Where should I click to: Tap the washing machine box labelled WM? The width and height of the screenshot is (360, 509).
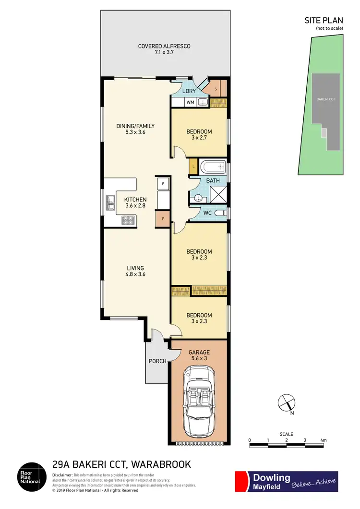pos(190,102)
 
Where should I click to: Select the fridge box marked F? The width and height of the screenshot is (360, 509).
pos(163,184)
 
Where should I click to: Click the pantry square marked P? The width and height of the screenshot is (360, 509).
pos(163,218)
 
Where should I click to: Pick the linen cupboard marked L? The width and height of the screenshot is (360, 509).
pos(193,166)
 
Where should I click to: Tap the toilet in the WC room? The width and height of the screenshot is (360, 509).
pos(220,213)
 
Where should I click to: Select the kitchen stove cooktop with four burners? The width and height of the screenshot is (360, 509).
pos(129,220)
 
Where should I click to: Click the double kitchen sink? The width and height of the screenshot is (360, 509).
pos(110,203)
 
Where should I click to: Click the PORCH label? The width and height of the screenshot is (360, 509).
pos(157,362)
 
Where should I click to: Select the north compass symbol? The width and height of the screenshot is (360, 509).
pos(286,402)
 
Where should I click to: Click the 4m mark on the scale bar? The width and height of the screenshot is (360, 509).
pos(323,440)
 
